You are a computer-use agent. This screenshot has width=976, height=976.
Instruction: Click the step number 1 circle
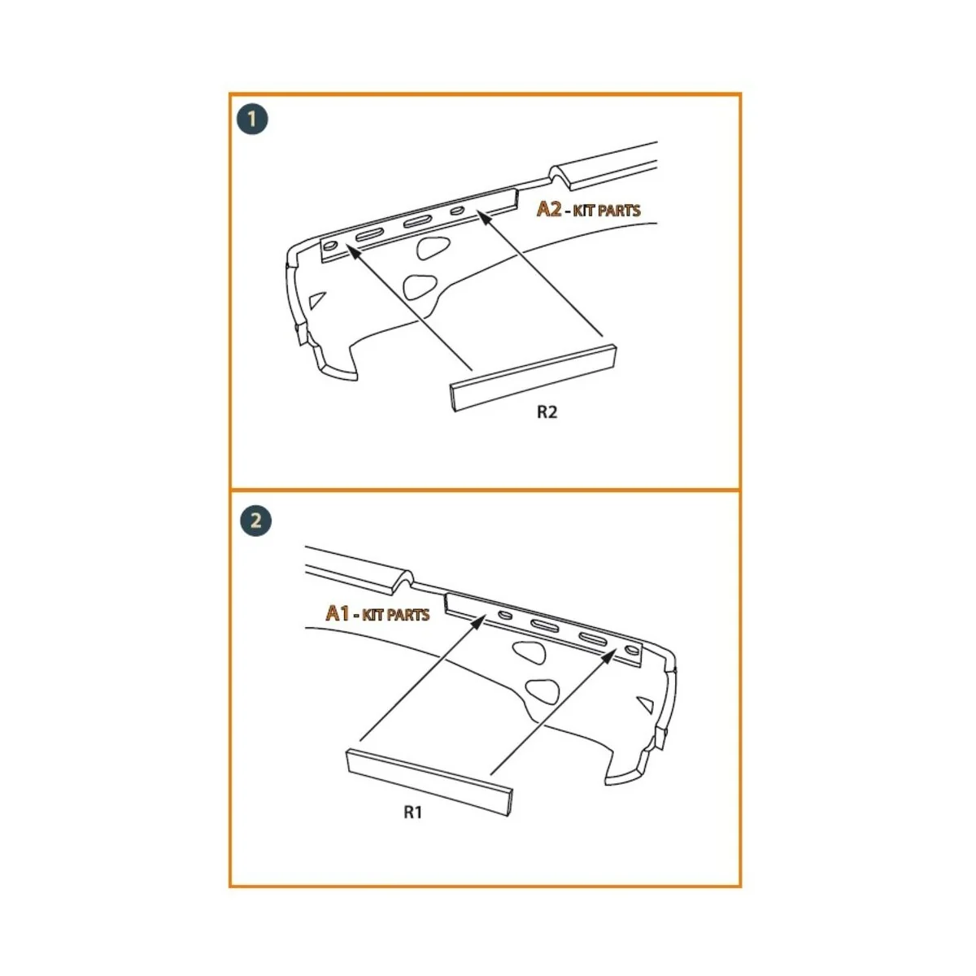pos(252,120)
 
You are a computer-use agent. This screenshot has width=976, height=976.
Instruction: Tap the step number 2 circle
pos(256,521)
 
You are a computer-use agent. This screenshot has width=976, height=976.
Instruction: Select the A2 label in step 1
pos(549,209)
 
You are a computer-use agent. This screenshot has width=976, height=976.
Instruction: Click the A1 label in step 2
pos(338,612)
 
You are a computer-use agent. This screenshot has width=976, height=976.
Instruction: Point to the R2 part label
pos(547,412)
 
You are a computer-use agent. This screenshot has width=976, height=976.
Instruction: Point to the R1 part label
pos(413,812)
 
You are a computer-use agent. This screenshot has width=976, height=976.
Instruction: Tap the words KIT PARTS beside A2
pos(607,211)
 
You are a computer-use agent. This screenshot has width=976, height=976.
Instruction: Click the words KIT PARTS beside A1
pos(396,614)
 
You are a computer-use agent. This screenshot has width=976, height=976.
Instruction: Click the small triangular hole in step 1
pos(318,299)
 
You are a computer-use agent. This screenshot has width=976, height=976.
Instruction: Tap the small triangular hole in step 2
pos(647,702)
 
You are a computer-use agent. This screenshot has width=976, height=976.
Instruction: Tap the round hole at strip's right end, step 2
pos(631,651)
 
